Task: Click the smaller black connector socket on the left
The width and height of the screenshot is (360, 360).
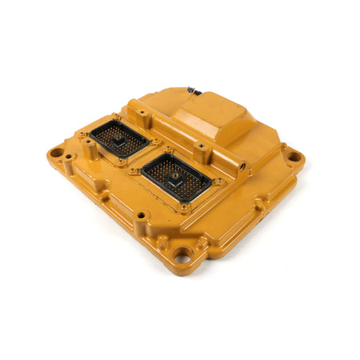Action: click(118, 141)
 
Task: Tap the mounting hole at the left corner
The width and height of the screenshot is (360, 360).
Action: click(56, 153)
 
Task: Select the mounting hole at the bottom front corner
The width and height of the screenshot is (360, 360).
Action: click(182, 256)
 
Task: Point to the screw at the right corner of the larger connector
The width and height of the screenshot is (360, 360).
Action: click(217, 182)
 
